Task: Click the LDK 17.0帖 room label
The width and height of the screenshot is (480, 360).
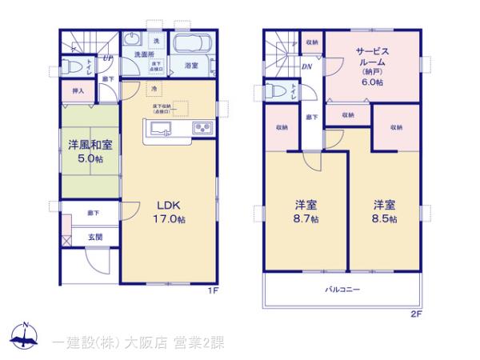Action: pyautogui.click(x=170, y=210)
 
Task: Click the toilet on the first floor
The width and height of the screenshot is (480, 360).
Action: pyautogui.click(x=74, y=66)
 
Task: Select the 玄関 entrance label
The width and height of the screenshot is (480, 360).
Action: pyautogui.click(x=95, y=237)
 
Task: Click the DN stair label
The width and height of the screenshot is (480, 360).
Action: pyautogui.click(x=306, y=66)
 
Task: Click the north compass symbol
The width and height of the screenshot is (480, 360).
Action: pyautogui.click(x=26, y=337)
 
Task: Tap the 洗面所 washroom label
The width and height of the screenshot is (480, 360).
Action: pyautogui.click(x=144, y=54)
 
